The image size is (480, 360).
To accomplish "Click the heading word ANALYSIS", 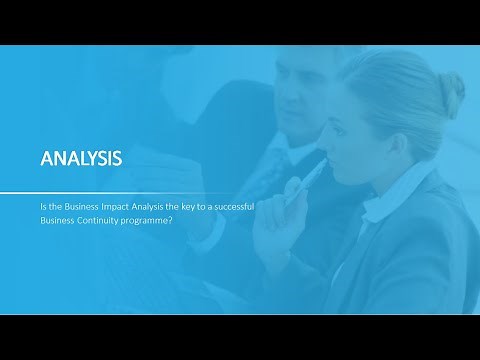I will coord(80,158).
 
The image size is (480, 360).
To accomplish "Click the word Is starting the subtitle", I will coord(43,207).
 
